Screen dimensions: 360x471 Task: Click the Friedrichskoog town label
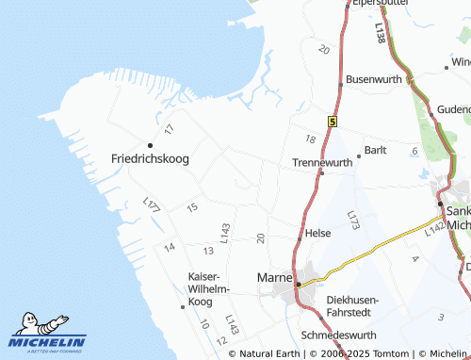[x=150, y=158]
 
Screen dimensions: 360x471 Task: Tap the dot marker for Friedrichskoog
[x=150, y=144]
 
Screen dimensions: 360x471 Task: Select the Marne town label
[x=274, y=278]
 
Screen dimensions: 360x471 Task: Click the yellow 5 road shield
[x=333, y=122]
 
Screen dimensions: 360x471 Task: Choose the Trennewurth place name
[x=322, y=162]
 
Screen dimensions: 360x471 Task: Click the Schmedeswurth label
[x=336, y=335]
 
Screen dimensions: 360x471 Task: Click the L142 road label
[x=433, y=229]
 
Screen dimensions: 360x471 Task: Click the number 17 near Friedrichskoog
[x=170, y=128]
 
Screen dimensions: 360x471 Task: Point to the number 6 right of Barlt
[x=414, y=151]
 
